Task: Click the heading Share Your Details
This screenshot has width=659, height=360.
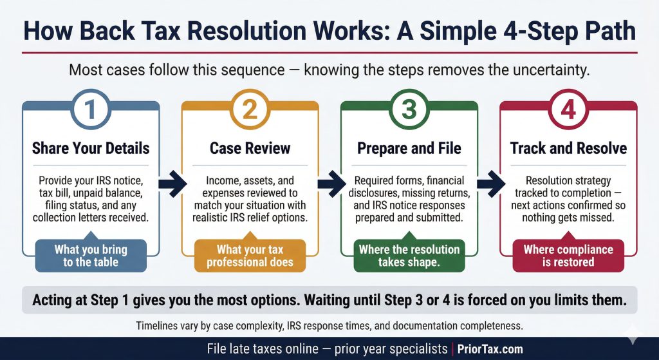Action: [90, 148]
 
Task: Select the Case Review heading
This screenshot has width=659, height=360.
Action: [250, 148]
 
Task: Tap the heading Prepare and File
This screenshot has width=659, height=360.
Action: [409, 148]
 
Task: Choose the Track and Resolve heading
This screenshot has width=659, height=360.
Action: [568, 148]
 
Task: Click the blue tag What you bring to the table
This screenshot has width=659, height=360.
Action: [90, 255]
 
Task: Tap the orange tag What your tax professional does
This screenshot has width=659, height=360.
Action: [250, 255]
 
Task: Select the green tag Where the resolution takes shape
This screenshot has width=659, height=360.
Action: [409, 255]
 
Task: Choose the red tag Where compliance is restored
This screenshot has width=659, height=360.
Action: [568, 255]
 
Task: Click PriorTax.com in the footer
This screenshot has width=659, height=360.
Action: [490, 349]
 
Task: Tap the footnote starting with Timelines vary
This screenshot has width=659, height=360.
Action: [329, 325]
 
